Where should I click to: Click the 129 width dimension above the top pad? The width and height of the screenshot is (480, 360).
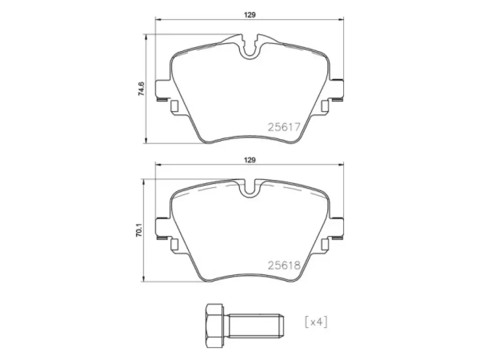click(250, 15)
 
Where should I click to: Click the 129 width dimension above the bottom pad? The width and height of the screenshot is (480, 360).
click(250, 160)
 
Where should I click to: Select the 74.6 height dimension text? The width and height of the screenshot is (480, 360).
click(141, 89)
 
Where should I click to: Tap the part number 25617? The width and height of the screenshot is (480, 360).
click(284, 127)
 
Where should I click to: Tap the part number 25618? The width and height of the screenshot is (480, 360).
click(284, 265)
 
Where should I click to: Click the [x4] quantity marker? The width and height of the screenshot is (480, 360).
click(316, 322)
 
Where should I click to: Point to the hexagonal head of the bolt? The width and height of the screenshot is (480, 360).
click(215, 326)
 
